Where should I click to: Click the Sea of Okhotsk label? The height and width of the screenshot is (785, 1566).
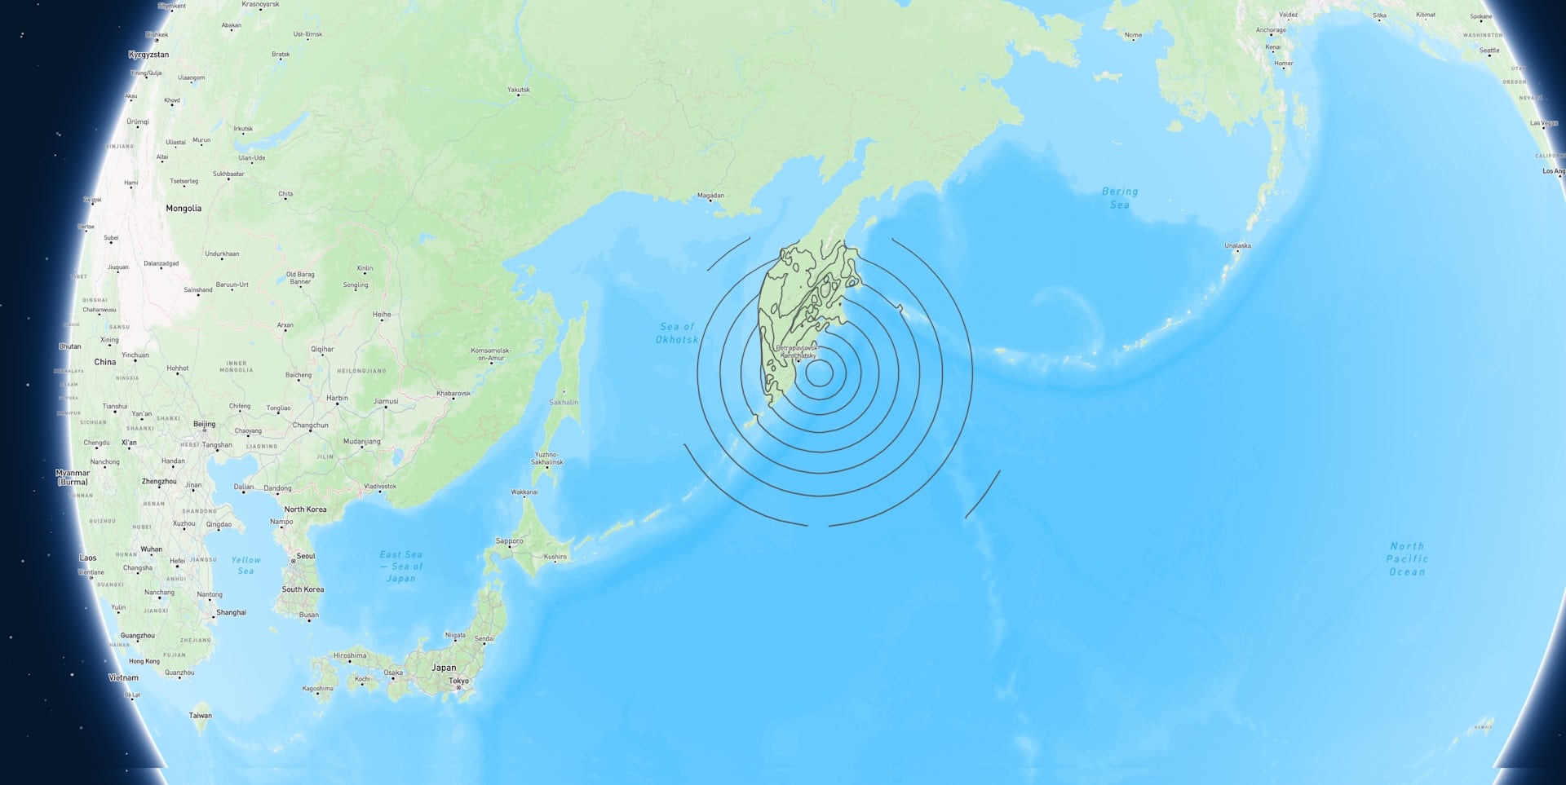[x=677, y=333]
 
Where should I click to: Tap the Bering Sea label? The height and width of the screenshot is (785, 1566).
[x=1119, y=198]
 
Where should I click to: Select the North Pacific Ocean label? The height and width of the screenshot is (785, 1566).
[x=1407, y=559]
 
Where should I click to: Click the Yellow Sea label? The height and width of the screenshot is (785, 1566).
[x=246, y=565]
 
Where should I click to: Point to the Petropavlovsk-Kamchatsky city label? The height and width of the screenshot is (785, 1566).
[x=797, y=351]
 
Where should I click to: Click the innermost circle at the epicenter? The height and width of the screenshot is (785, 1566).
[x=819, y=373]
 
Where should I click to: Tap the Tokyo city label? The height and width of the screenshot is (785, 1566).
[x=458, y=681]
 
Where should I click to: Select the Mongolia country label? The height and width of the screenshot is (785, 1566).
[x=184, y=209]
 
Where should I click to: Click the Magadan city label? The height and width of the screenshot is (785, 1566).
[x=710, y=196]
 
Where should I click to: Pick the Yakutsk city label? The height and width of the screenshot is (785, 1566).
[x=518, y=90]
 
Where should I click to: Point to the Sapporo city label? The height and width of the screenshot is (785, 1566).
[x=510, y=541]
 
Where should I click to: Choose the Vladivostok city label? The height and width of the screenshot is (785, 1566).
[x=380, y=487]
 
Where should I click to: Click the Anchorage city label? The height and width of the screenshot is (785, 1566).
[x=1270, y=30]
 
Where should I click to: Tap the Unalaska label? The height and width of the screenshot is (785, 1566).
[x=1237, y=245]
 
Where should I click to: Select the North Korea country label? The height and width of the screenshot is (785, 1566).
[x=305, y=509]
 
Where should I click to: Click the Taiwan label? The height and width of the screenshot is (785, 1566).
[x=201, y=716]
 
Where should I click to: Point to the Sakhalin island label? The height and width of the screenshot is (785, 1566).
[x=564, y=402]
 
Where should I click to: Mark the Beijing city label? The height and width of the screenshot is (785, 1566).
[x=205, y=424]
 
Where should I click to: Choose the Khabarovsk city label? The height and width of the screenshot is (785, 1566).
[x=453, y=394]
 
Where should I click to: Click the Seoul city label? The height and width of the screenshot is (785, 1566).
[x=306, y=556]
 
